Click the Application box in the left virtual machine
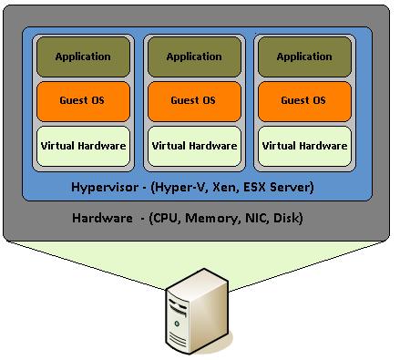pyautogui.click(x=83, y=57)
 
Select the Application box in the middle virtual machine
pyautogui.click(x=194, y=57)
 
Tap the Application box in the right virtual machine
pyautogui.click(x=304, y=57)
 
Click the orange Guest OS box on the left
pyautogui.click(x=83, y=100)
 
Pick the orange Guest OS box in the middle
pyautogui.click(x=194, y=100)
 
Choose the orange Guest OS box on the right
pyautogui.click(x=304, y=100)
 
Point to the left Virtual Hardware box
pyautogui.click(x=83, y=145)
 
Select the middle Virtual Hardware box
pyautogui.click(x=194, y=145)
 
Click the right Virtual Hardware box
pyautogui.click(x=304, y=145)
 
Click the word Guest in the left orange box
pyautogui.click(x=73, y=100)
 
